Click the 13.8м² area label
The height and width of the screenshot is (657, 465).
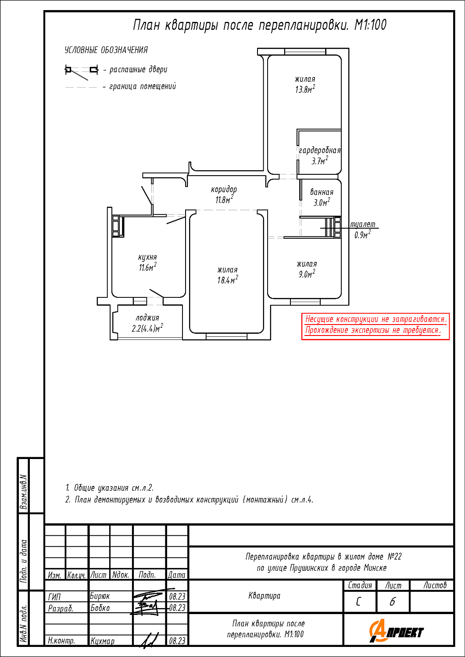pos(305,89)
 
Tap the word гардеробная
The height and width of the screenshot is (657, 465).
pos(320,151)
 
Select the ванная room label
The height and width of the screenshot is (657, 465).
pos(322,192)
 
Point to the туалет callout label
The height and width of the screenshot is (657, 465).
pos(363,224)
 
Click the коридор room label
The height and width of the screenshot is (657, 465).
pos(224,190)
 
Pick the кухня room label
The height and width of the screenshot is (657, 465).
pos(147,257)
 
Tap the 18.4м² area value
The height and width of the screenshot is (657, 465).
pos(228,280)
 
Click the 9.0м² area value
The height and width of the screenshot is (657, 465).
pos(307,274)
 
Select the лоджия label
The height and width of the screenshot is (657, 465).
pos(147,318)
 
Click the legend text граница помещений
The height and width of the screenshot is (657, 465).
pos(143,86)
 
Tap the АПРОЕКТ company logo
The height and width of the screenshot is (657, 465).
pos(396,631)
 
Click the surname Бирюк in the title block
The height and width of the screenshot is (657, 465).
pos(100,596)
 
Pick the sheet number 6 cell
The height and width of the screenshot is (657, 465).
pos(393,602)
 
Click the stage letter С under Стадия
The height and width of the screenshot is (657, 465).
pos(358,602)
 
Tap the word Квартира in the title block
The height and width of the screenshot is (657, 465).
pos(265,596)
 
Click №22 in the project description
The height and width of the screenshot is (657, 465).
pos(394,557)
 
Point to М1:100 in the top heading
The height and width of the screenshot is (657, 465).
pos(370,25)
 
